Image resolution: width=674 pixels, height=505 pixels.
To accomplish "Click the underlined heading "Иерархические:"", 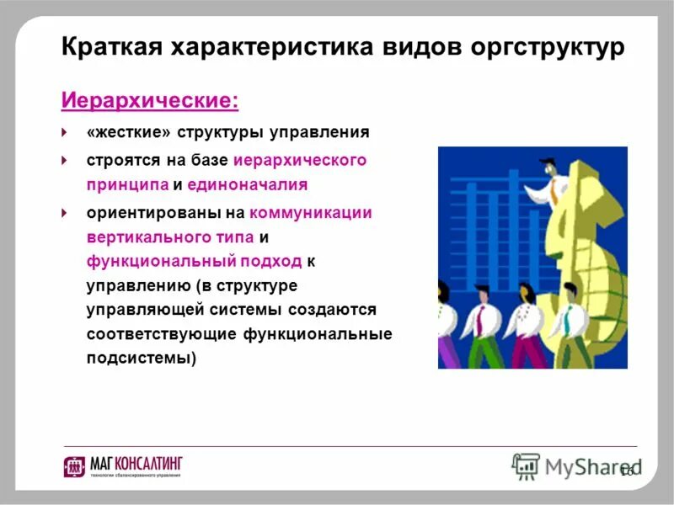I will (x=150, y=101).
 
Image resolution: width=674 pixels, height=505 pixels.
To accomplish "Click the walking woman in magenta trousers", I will (x=525, y=324).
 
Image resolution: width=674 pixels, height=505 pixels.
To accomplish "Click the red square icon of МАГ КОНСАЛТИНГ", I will (x=74, y=466).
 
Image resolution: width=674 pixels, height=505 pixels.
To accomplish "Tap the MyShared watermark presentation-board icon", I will (x=526, y=465).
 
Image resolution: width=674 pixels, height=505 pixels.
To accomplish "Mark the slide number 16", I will (x=626, y=470).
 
